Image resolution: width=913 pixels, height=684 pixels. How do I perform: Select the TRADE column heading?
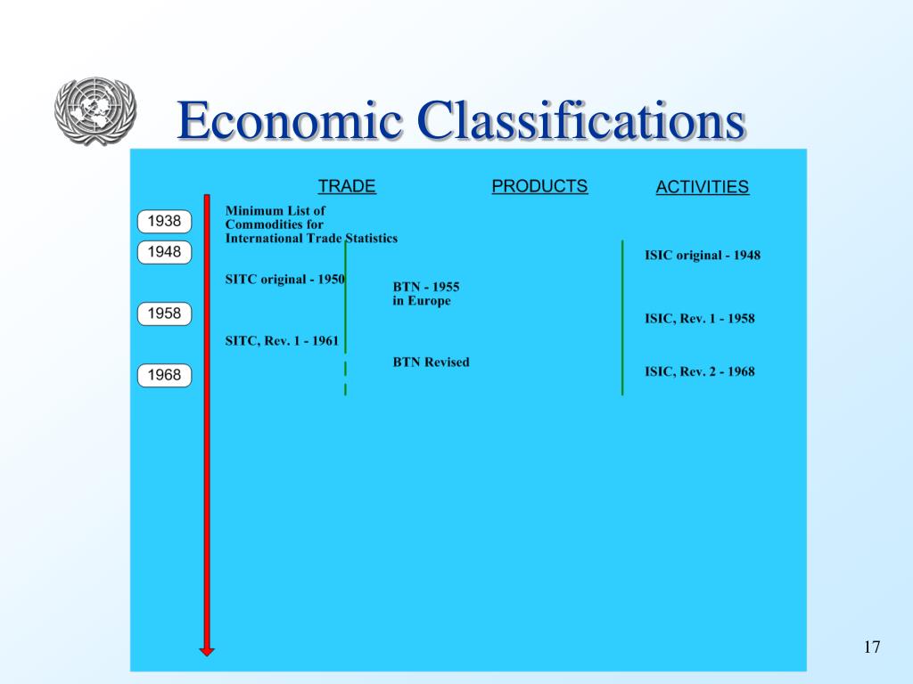point(347,186)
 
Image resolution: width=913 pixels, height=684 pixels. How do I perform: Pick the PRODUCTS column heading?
point(539,186)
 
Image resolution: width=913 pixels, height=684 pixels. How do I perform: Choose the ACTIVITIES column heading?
point(702,187)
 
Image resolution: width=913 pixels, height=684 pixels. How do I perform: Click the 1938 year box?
point(164,221)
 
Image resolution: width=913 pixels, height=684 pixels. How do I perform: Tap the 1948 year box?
point(164,252)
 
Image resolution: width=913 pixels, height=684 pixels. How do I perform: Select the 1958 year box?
point(164,313)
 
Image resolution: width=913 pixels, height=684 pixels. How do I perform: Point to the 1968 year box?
point(164,375)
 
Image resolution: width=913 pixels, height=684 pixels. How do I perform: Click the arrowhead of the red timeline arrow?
point(207,651)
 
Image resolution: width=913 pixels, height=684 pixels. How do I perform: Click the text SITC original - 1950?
point(284,280)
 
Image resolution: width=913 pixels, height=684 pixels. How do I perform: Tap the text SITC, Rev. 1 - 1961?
point(282,340)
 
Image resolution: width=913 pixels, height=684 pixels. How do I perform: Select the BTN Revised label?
point(431,362)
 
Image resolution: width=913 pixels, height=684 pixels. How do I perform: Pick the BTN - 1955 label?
point(426,287)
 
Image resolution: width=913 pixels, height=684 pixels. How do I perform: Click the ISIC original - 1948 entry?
point(703,256)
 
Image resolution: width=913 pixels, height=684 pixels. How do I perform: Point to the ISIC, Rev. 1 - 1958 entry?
point(700,318)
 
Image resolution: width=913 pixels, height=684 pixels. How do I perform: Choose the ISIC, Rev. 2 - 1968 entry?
point(700,371)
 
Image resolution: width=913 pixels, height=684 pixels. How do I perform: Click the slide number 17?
point(872,647)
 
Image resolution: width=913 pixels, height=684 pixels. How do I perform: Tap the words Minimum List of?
point(276,211)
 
